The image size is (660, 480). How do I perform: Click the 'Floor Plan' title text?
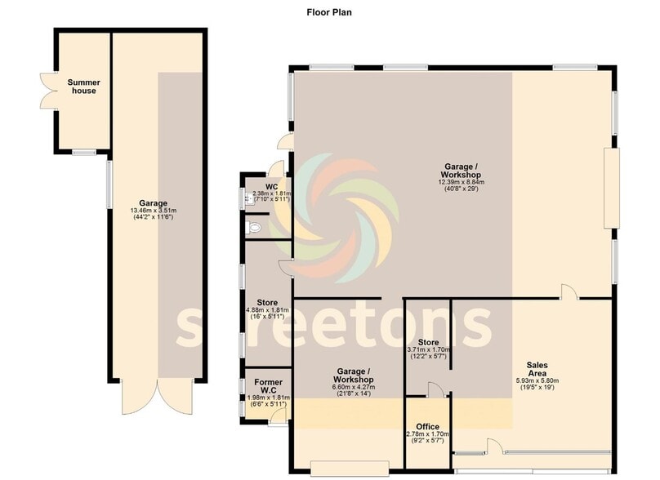click(329, 12)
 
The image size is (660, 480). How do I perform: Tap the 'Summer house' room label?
click(82, 86)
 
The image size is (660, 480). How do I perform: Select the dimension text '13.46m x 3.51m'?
click(153, 211)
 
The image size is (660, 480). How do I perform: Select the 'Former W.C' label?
click(268, 387)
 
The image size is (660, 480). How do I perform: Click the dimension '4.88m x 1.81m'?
click(267, 310)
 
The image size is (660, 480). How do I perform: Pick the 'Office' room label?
click(427, 427)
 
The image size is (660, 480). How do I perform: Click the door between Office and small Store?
click(436, 391)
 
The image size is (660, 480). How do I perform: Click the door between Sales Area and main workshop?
click(569, 292)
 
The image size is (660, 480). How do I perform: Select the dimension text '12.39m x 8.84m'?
click(470, 182)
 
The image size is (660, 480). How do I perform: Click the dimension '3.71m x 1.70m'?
click(428, 351)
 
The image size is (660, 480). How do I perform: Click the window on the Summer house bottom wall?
click(82, 153)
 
